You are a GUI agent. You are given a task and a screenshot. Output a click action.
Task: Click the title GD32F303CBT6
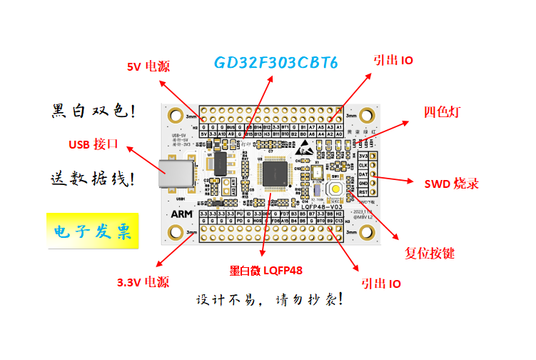click(275, 62)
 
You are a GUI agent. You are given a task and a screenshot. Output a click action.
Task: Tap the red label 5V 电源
click(148, 67)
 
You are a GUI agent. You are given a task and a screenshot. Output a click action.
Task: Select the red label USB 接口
click(92, 145)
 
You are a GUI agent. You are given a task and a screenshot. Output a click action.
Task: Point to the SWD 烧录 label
click(451, 184)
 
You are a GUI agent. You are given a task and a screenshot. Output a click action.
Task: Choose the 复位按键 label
click(430, 253)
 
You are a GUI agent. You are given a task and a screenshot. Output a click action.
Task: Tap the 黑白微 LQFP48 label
click(266, 271)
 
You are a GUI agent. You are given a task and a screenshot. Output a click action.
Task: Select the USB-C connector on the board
click(173, 176)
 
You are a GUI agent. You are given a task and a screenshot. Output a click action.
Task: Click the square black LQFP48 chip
click(275, 175)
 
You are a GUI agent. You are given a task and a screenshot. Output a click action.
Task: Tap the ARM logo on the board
click(181, 213)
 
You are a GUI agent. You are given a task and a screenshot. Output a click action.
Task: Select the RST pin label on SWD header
click(363, 192)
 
